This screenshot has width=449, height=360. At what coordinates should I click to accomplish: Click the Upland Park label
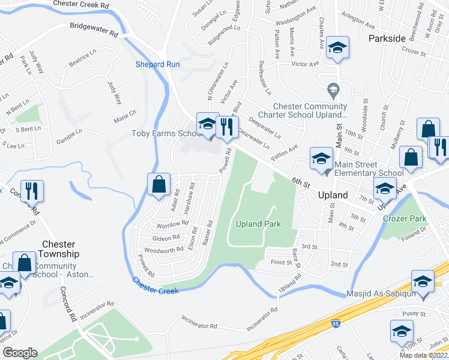coord(258,224)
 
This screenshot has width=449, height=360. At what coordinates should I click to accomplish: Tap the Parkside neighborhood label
coord(387,38)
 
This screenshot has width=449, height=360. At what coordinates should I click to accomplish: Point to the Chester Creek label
coord(155,286)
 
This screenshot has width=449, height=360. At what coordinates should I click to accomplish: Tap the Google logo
coord(19,353)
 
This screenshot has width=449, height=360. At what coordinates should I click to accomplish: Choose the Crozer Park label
coord(405,218)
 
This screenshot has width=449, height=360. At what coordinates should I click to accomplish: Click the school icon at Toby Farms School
coord(207,124)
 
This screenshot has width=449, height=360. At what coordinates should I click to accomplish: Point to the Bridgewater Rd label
coord(94,30)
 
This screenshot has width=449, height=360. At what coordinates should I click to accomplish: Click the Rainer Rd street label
coord(208,232)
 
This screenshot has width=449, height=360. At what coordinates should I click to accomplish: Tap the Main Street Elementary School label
coord(369,169)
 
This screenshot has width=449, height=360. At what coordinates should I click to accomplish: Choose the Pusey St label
coord(414,313)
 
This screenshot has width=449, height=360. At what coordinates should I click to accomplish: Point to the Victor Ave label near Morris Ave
coord(304,64)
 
